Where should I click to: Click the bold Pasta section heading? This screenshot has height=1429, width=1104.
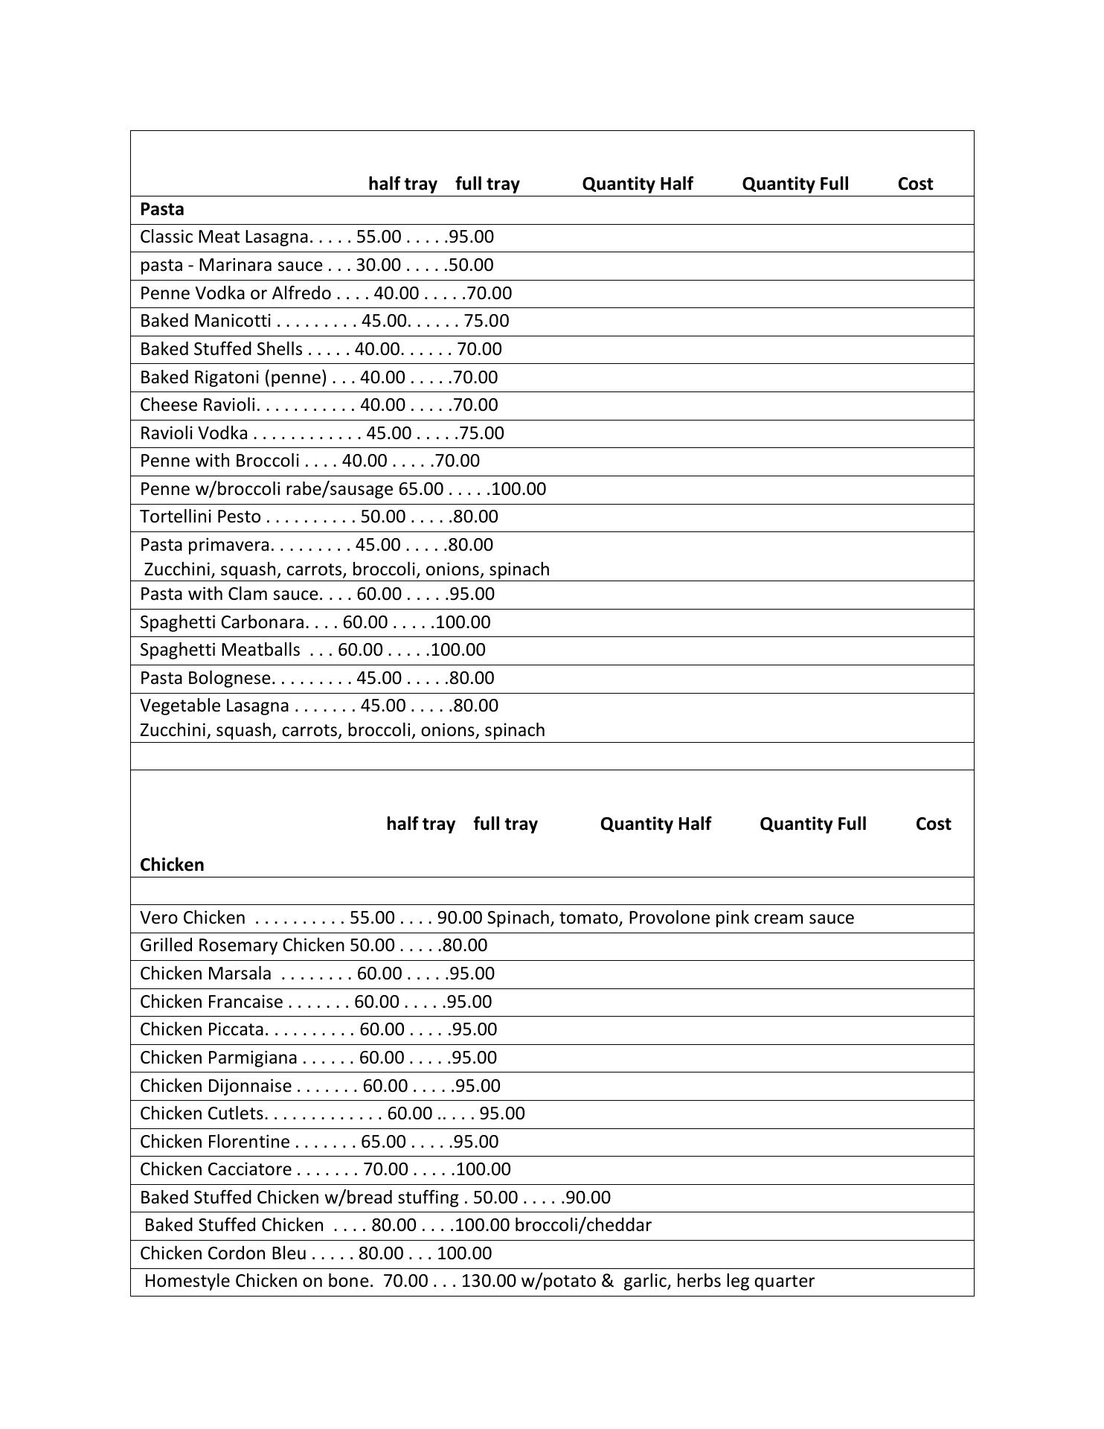(161, 209)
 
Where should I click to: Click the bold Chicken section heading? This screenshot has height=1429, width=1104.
(172, 865)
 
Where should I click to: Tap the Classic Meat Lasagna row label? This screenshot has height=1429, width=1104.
(223, 237)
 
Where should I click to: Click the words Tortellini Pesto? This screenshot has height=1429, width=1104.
(200, 517)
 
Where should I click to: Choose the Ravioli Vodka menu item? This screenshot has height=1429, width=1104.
(193, 434)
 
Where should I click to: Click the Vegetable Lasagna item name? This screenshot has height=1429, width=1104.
(214, 706)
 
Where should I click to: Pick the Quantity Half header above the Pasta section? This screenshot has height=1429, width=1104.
(637, 185)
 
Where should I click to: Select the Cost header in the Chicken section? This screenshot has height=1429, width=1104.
(933, 825)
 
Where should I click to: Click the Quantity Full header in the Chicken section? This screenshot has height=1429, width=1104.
(812, 825)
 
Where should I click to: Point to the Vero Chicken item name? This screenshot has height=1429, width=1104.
(192, 918)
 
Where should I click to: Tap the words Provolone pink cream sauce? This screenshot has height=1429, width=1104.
(741, 918)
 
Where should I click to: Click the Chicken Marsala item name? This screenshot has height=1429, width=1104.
(205, 974)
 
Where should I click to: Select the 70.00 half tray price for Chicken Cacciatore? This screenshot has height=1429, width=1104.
(385, 1170)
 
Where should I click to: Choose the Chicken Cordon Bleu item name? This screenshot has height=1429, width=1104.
(222, 1254)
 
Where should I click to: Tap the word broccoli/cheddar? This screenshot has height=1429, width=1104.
(583, 1226)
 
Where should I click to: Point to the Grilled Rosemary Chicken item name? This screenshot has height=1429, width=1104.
(242, 946)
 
